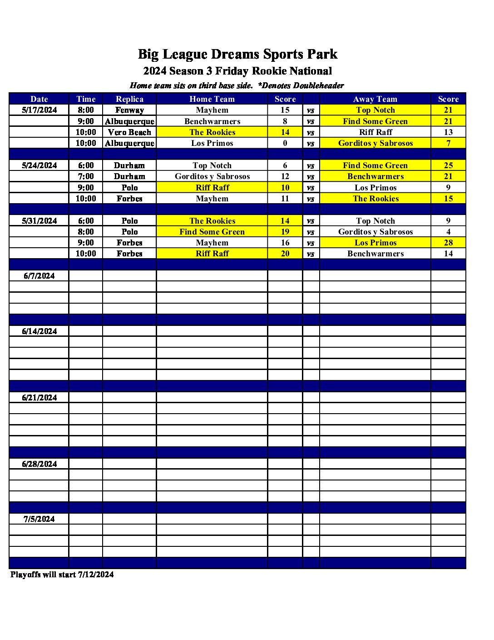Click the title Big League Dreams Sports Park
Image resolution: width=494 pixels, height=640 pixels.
click(x=237, y=54)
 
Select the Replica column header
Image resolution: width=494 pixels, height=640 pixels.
click(x=129, y=99)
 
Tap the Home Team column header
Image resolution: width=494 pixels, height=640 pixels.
click(x=212, y=99)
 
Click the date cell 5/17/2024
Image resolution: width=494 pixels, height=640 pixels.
click(x=40, y=110)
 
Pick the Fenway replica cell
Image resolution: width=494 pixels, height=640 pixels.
click(x=129, y=110)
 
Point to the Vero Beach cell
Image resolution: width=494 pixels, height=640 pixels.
click(x=129, y=132)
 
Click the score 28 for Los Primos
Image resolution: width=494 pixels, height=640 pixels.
click(x=448, y=243)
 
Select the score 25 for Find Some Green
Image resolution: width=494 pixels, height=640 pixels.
click(x=448, y=165)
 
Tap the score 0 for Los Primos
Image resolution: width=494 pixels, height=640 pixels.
click(x=285, y=143)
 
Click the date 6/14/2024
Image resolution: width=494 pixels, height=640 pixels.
click(x=40, y=331)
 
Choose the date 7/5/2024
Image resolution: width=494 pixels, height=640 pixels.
click(x=40, y=519)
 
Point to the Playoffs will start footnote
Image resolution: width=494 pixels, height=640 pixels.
click(x=62, y=575)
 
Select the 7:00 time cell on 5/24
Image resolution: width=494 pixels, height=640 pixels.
click(x=86, y=176)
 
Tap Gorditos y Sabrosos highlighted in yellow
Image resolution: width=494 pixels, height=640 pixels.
click(x=375, y=143)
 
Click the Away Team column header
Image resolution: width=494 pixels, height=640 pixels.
click(x=375, y=99)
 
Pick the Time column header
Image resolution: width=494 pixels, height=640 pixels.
click(x=86, y=99)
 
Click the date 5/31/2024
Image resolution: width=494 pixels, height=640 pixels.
click(x=40, y=221)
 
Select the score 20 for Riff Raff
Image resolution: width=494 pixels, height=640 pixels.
click(x=285, y=254)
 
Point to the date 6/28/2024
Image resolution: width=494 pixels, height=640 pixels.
click(x=40, y=464)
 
